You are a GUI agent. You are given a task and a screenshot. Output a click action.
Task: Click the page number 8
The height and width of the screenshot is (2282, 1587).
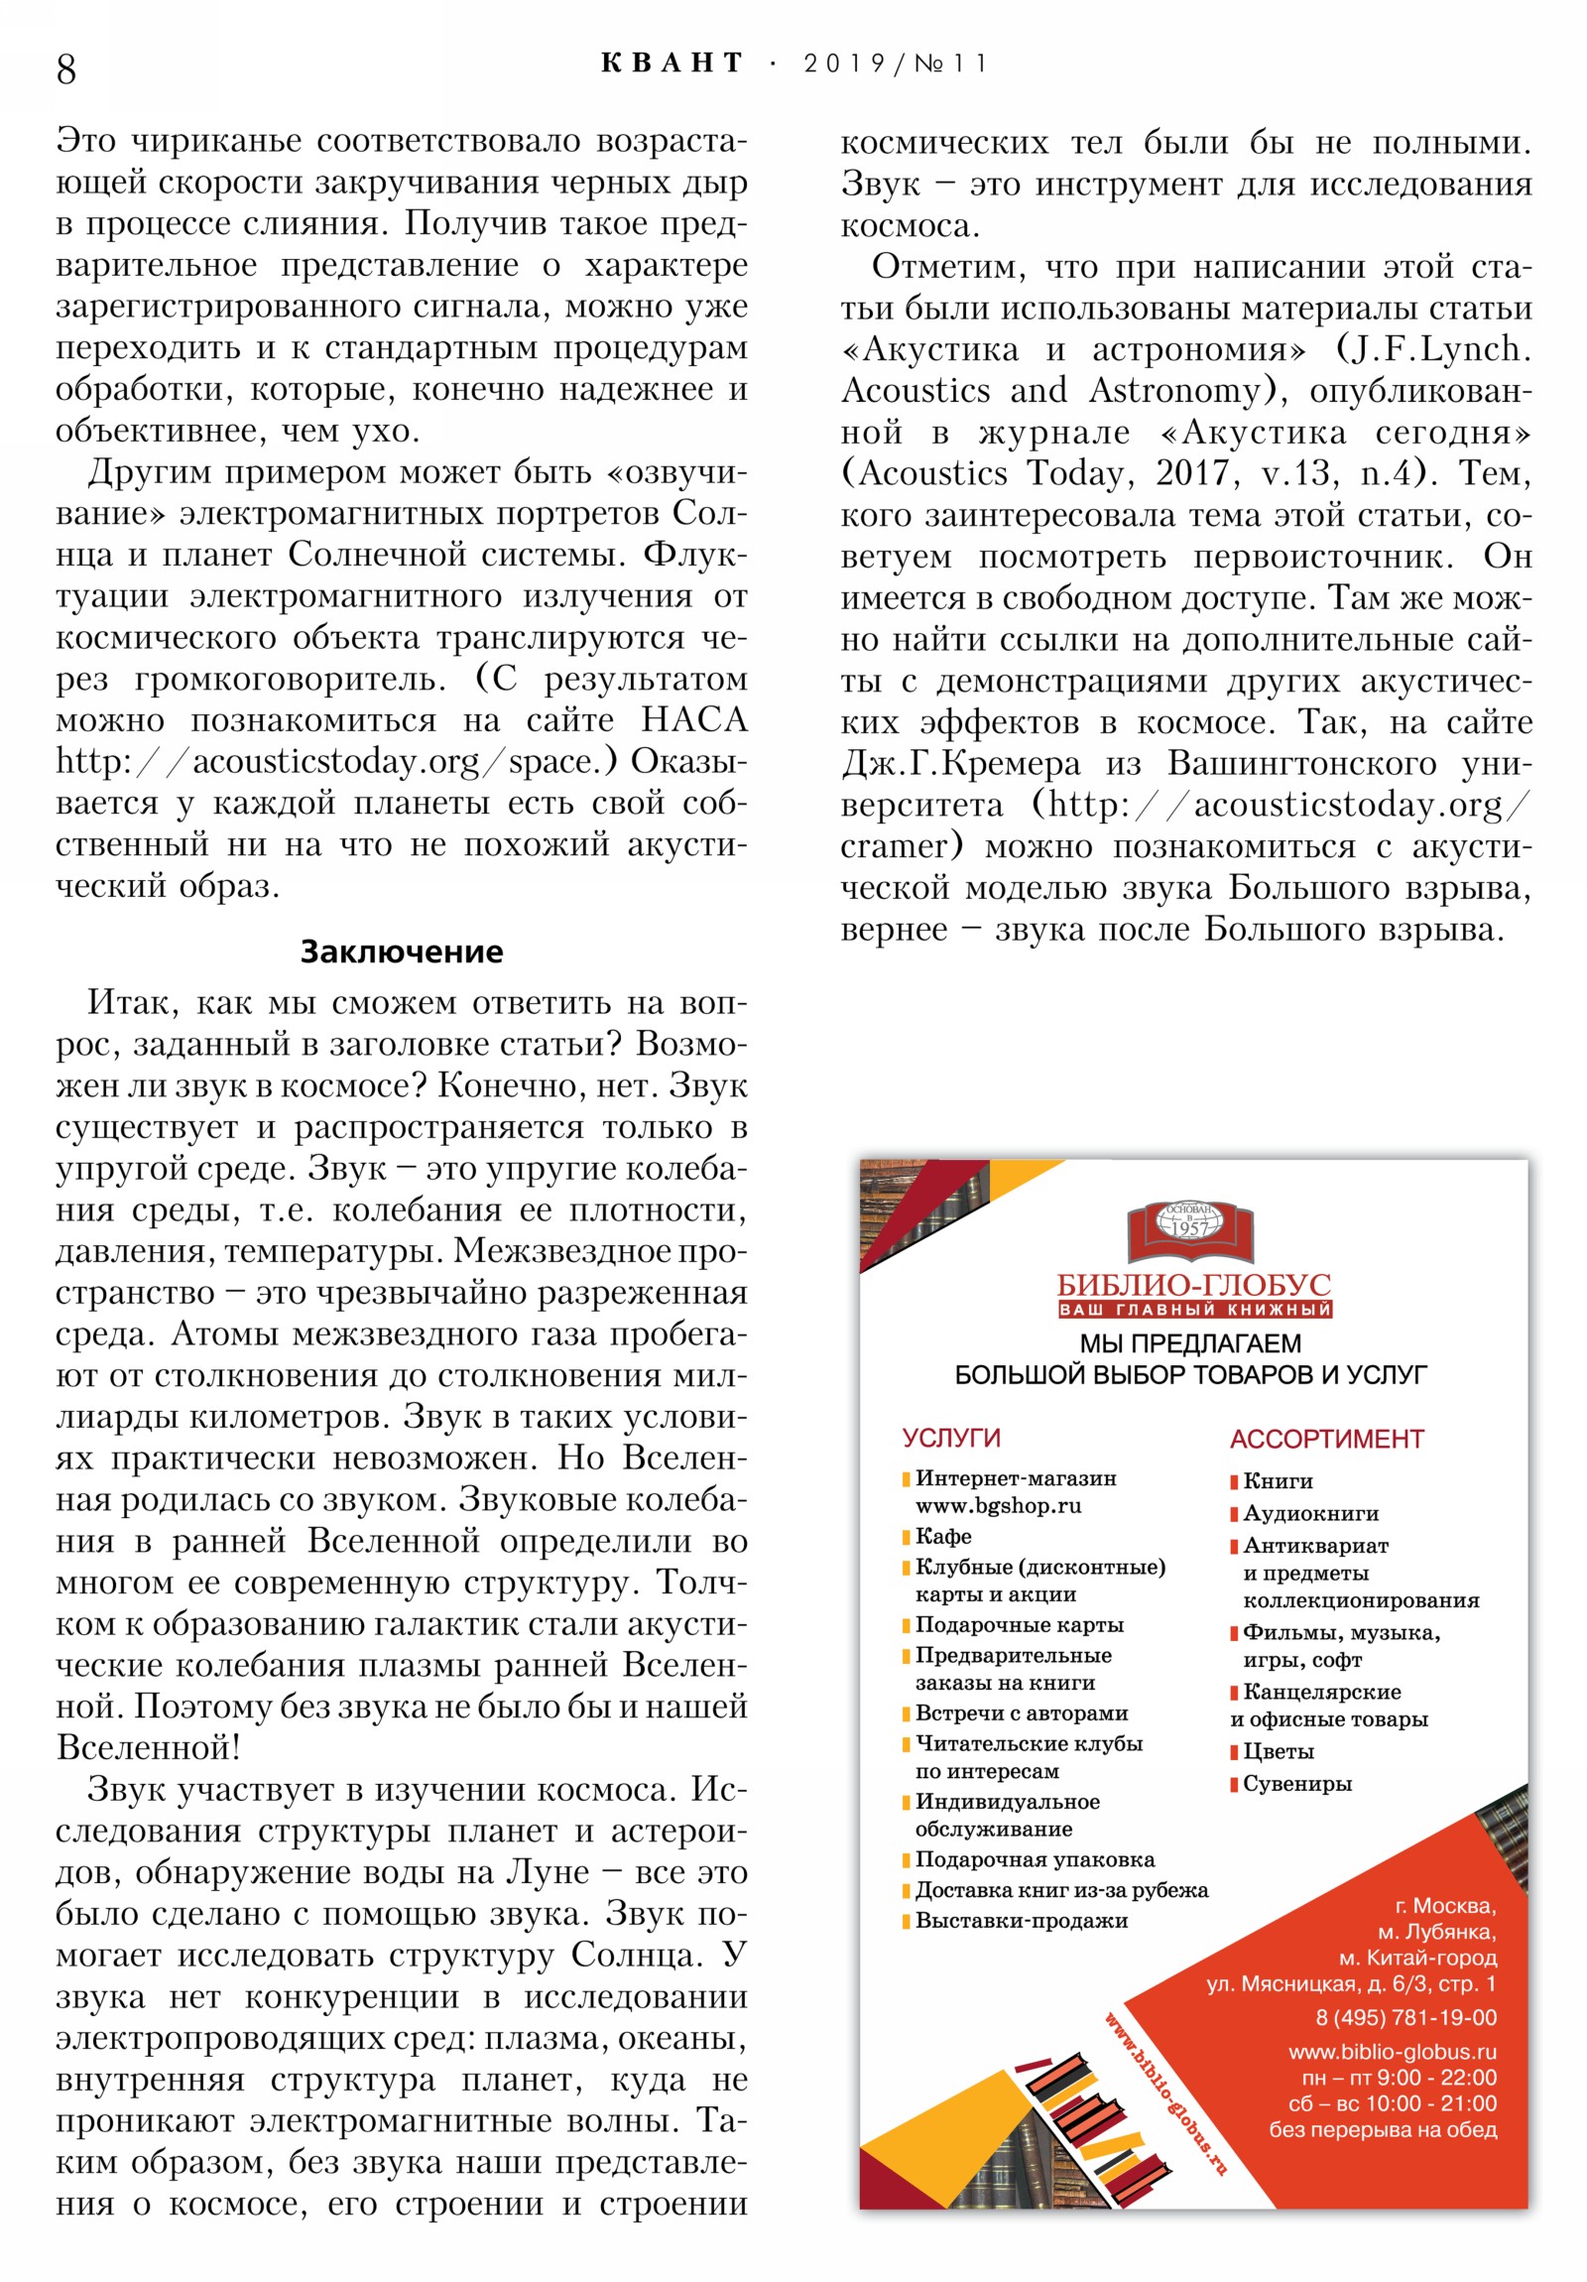66,69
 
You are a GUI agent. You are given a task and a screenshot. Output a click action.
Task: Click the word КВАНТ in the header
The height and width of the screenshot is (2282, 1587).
671,63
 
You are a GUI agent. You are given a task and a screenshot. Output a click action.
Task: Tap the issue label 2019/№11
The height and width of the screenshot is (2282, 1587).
895,63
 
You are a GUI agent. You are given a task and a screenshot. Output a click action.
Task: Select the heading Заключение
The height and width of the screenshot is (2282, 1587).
402,951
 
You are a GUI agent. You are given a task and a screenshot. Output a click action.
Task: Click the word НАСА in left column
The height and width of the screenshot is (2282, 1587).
693,720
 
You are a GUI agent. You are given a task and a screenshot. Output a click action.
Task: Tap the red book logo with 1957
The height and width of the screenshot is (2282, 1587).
1189,1230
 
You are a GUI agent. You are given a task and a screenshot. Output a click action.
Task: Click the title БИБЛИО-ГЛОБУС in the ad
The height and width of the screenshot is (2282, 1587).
1193,1284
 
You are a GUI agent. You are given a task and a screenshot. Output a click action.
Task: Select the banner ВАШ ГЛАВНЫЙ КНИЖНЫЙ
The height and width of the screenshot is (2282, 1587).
1194,1310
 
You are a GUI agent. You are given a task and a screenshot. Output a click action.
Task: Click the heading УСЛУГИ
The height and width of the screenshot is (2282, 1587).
951,1439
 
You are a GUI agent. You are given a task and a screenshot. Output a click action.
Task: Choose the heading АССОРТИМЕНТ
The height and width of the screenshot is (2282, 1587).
1326,1440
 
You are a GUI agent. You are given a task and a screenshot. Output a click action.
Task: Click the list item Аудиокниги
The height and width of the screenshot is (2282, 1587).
1309,1514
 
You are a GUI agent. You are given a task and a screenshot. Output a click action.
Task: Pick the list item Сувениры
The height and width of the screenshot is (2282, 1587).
1296,1784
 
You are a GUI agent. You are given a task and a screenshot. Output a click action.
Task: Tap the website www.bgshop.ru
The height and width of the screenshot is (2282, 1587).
998,1506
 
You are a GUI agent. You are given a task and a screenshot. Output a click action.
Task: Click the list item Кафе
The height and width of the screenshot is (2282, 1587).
943,1537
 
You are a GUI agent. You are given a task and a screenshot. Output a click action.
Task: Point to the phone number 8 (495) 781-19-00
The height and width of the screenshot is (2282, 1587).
1405,2018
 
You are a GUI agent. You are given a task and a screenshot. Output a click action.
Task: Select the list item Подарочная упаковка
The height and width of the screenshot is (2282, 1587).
1034,1859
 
